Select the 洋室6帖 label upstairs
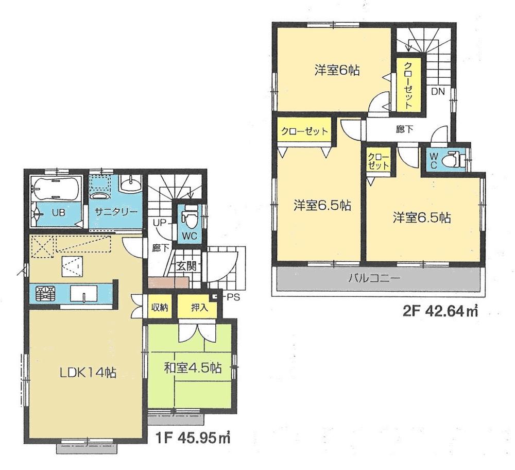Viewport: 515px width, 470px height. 337,70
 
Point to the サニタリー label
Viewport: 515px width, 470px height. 115,212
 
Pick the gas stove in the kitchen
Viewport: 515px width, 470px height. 45,294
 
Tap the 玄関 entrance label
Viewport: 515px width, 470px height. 184,266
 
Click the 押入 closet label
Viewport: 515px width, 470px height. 197,308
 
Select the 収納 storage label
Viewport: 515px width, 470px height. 159,308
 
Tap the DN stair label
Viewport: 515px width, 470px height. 438,92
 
